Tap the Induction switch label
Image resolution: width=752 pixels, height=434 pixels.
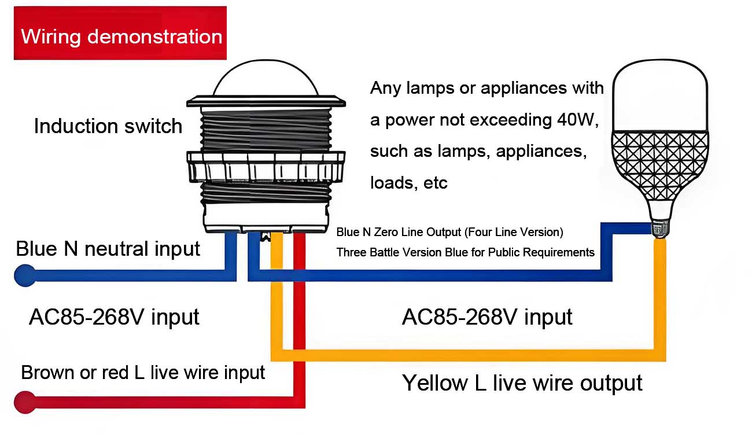pos(108,126)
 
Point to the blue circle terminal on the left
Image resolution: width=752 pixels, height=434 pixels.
pos(24,275)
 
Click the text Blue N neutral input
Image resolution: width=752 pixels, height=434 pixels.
pos(108,249)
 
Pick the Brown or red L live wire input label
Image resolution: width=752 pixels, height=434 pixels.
pos(143,372)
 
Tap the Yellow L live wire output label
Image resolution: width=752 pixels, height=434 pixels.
pos(522,383)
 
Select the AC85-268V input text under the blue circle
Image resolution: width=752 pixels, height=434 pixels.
pos(114,317)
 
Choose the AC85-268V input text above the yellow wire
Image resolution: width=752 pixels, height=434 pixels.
pos(487,317)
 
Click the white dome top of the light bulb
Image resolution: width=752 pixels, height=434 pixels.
pos(659,95)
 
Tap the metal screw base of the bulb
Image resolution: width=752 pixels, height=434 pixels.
pos(659,229)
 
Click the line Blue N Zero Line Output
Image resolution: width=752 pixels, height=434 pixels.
pos(449,233)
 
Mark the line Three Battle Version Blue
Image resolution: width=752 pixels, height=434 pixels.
pos(465,252)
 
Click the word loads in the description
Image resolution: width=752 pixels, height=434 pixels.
pos(390,183)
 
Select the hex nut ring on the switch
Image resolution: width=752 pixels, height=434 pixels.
pos(266,168)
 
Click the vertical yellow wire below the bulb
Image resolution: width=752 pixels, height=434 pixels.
pos(659,295)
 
